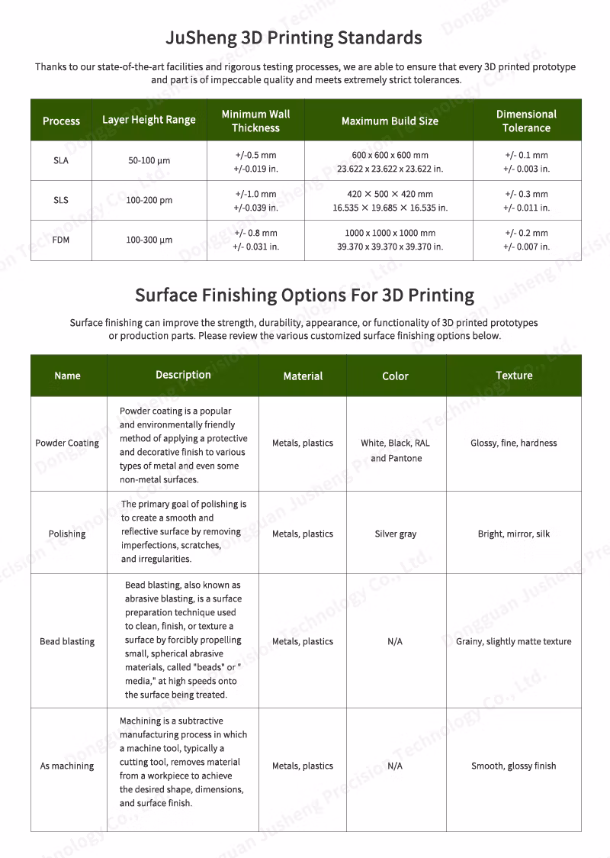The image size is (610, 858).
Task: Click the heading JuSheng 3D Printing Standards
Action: click(x=294, y=37)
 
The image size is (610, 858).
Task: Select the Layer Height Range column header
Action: click(x=149, y=120)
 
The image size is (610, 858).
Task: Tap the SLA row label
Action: click(x=61, y=161)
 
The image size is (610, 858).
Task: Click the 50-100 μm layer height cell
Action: click(x=149, y=161)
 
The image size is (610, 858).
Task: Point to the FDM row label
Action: click(x=61, y=240)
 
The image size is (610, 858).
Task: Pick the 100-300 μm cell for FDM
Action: click(x=149, y=240)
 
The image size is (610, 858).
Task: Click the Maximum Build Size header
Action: click(x=390, y=121)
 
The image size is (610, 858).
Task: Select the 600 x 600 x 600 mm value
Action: click(x=390, y=155)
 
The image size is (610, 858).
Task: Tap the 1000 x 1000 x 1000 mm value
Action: click(x=390, y=233)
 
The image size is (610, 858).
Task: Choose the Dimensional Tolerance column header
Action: click(x=526, y=121)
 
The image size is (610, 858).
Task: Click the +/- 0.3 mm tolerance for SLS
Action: click(x=526, y=194)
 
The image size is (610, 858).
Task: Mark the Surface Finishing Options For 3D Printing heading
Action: click(x=304, y=295)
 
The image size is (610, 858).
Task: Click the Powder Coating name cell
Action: click(x=67, y=443)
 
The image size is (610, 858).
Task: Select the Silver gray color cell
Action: click(x=396, y=534)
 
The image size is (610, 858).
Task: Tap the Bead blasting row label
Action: click(x=67, y=641)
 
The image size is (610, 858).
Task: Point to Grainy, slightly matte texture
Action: click(x=513, y=641)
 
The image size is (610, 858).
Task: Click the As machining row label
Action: click(x=67, y=766)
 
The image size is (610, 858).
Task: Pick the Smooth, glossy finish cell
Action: click(x=513, y=766)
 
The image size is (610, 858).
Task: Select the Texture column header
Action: click(x=514, y=375)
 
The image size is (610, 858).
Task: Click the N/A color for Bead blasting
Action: click(x=395, y=641)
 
